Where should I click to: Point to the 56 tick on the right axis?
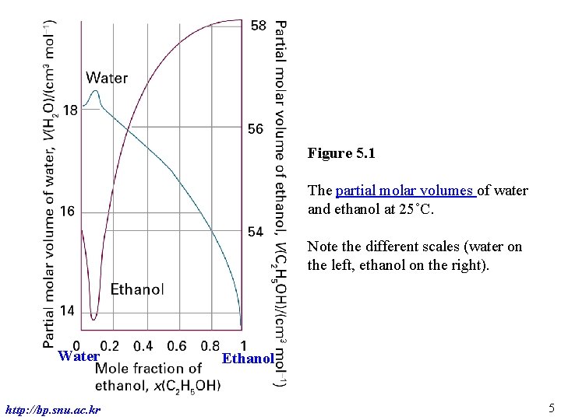click(x=256, y=129)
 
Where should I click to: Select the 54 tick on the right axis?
click(x=256, y=232)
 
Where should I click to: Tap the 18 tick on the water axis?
click(x=69, y=110)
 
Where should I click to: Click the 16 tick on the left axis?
click(x=67, y=212)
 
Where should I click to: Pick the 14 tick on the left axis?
click(x=67, y=311)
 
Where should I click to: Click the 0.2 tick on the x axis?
click(x=110, y=345)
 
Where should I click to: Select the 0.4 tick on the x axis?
click(x=143, y=345)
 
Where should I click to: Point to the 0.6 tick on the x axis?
click(x=177, y=345)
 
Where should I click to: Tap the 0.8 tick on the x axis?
click(x=210, y=345)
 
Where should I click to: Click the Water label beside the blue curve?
click(x=107, y=77)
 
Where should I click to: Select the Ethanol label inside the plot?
click(x=137, y=289)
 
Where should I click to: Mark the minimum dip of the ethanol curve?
click(x=93, y=318)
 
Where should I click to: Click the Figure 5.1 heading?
click(x=341, y=153)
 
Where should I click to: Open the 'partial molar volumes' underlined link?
click(x=405, y=191)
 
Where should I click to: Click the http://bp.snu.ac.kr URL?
click(x=52, y=409)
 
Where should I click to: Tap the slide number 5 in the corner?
click(x=550, y=408)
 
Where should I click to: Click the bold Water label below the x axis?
click(x=79, y=357)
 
